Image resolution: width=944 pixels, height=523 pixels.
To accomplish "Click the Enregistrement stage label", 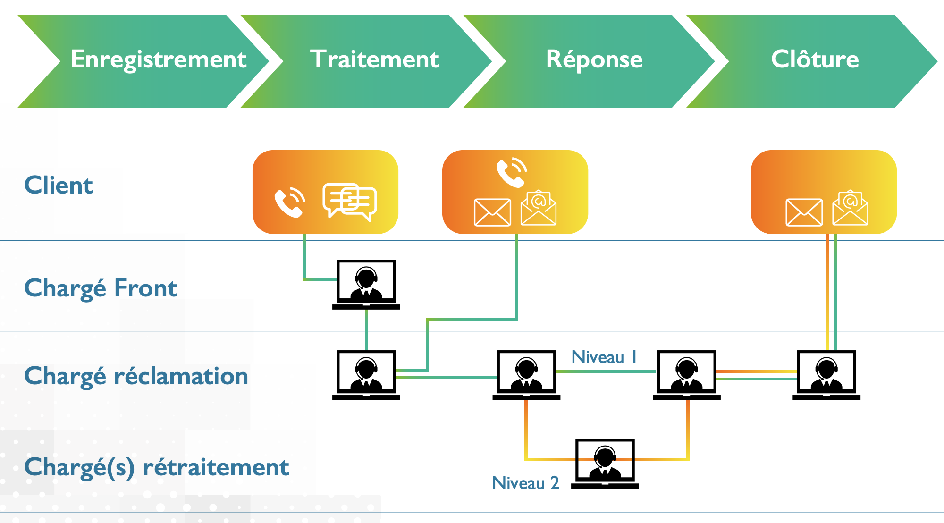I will [159, 60].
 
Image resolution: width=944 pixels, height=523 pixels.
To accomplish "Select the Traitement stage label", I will [374, 59].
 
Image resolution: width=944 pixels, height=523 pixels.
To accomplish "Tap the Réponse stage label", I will [594, 60].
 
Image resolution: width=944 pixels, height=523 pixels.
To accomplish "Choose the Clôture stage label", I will [815, 59].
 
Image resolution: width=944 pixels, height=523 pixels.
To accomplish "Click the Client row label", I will [59, 185].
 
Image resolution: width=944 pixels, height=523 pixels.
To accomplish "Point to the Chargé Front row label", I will [101, 288].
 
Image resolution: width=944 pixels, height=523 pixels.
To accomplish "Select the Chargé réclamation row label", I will [136, 376].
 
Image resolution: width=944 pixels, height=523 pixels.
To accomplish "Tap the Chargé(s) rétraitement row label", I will [156, 467].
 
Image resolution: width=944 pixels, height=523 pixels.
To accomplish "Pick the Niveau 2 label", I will [525, 483].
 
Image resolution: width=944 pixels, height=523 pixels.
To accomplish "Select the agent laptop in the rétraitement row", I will [605, 463].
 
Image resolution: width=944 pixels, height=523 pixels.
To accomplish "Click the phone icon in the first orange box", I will [289, 202].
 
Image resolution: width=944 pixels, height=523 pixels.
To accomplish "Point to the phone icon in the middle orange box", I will [511, 173].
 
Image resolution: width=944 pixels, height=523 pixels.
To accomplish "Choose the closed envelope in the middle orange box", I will [492, 212].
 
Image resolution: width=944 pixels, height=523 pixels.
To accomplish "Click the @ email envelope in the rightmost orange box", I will [850, 208].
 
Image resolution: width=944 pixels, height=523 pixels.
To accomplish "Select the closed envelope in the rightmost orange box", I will [804, 212].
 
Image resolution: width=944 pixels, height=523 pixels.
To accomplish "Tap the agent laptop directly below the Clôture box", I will [826, 375].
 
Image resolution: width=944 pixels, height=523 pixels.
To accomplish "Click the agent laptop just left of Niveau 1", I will [526, 375].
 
